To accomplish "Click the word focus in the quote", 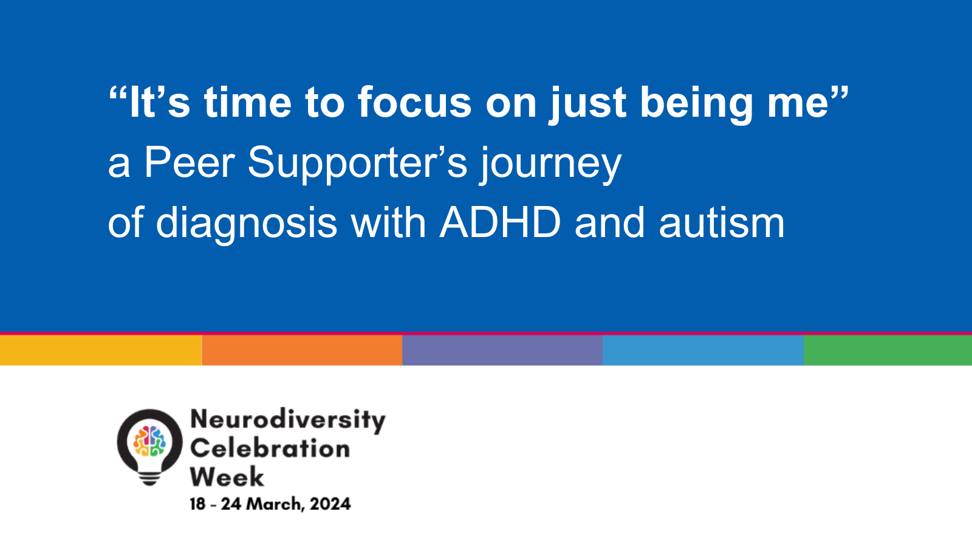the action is coord(414,103).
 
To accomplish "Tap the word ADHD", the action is coord(501,222).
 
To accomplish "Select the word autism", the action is coord(722,222).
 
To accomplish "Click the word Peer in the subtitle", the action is coord(190,163).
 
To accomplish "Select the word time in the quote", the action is coord(248,103).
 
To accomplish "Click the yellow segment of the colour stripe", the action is coord(101,350).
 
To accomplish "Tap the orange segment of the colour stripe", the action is coord(302,350).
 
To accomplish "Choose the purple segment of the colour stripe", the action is coord(502,350).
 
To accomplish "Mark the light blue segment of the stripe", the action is coord(703,350).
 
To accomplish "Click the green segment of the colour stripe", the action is coord(888,350).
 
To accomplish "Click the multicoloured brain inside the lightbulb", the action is coord(149,441).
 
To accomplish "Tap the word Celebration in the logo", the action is coord(270,449).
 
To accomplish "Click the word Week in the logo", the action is coord(227,476).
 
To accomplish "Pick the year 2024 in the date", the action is coord(330,504).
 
